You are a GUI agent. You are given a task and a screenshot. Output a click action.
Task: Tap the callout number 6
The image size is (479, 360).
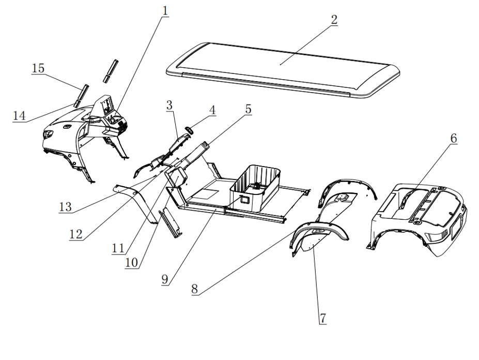pos(453,138)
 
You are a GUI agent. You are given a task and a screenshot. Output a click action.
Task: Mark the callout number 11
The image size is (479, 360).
pos(118,247)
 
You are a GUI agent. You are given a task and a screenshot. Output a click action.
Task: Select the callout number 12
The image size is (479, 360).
pos(75,233)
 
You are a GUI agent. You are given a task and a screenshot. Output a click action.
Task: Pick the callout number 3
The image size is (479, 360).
pos(169,106)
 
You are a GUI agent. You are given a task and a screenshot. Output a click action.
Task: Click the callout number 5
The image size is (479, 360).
pos(248,109)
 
